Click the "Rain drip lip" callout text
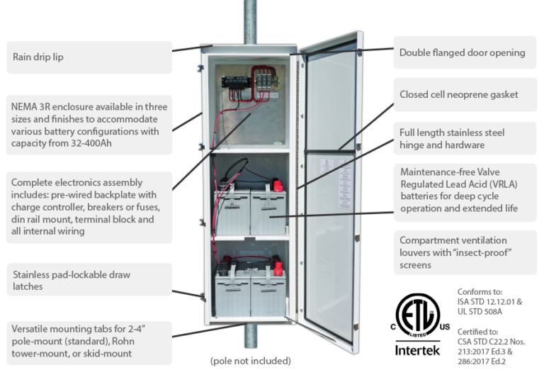pyautogui.click(x=38, y=57)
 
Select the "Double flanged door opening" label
pyautogui.click(x=462, y=52)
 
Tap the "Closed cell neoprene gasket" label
pyautogui.click(x=458, y=94)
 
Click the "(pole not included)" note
pyautogui.click(x=251, y=361)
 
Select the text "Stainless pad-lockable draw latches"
pyautogui.click(x=71, y=280)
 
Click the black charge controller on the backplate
pyautogui.click(x=234, y=81)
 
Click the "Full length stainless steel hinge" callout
pyautogui.click(x=452, y=139)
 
